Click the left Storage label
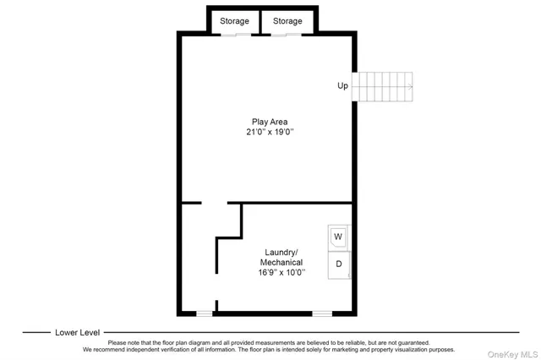(x=235, y=21)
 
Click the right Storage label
(x=287, y=21)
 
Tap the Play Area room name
(x=269, y=122)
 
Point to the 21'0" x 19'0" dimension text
(x=269, y=133)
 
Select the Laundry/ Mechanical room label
(x=281, y=258)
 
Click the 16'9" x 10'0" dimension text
(x=281, y=272)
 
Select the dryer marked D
(x=339, y=264)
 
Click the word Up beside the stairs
(x=342, y=85)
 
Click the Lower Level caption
(x=78, y=332)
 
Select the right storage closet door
(x=286, y=35)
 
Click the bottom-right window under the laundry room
(x=322, y=314)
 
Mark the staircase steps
(x=382, y=85)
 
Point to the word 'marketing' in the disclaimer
(x=344, y=349)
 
